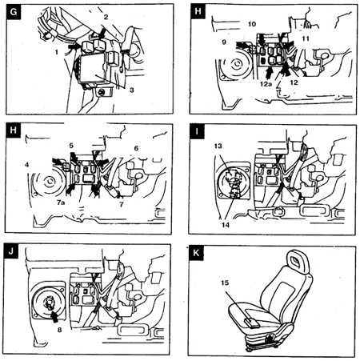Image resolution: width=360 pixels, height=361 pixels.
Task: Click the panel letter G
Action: [x=13, y=12]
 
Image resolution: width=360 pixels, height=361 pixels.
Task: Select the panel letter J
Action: [x=11, y=251]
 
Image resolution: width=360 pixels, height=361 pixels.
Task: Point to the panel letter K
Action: [x=196, y=253]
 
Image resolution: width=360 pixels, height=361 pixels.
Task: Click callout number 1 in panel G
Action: [x=56, y=52]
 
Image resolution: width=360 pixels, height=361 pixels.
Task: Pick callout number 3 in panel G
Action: [x=131, y=90]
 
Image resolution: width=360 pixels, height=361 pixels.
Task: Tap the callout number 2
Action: [x=106, y=17]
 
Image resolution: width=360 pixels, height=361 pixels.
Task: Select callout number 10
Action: [x=252, y=24]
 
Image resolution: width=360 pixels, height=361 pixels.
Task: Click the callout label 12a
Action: [x=266, y=83]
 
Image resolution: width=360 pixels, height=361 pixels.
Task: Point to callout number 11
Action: [x=306, y=38]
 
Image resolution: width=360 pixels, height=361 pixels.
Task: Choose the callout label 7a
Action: [x=61, y=203]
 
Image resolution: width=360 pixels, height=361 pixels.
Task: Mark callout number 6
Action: [x=136, y=148]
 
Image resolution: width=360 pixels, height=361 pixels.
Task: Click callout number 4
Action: [x=26, y=165]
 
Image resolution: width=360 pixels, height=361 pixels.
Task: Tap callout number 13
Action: [x=218, y=146]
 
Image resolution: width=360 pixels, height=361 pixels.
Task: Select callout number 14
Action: [x=226, y=225]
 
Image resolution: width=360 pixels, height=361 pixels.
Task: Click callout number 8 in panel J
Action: [x=59, y=330]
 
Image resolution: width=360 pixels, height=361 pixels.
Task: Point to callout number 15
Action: [x=225, y=283]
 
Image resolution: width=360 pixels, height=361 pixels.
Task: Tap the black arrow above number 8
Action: [x=54, y=316]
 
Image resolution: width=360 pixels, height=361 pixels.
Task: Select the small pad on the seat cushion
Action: [x=252, y=323]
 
